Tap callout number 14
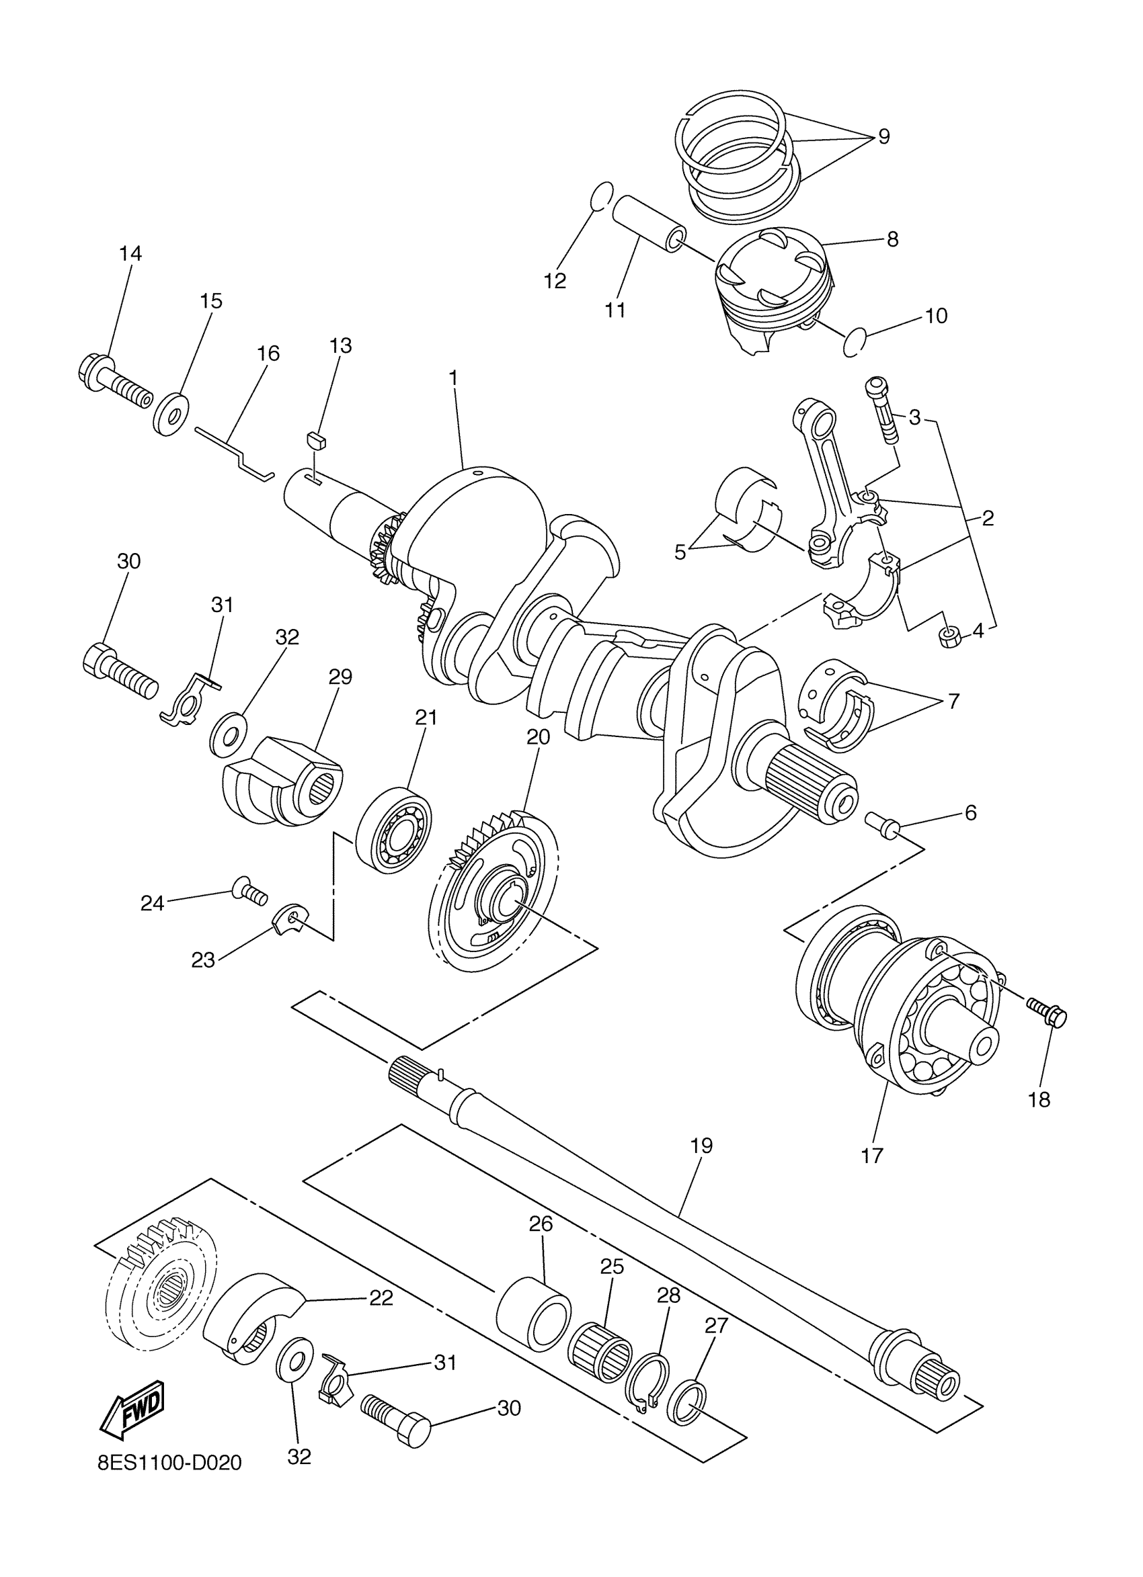pos(130,254)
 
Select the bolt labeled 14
pos(114,383)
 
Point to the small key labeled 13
pos(317,438)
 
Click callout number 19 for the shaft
pos(701,1145)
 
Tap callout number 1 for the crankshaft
pos(454,378)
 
